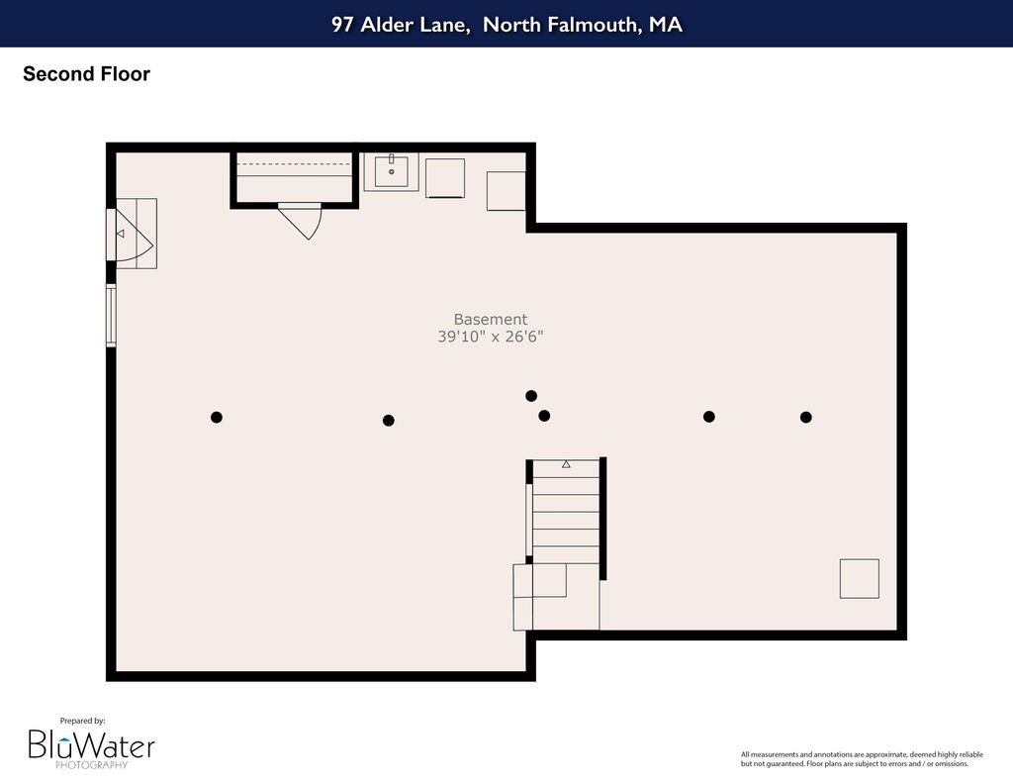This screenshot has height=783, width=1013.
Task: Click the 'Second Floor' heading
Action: (87, 73)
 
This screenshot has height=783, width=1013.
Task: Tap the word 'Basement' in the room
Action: (491, 319)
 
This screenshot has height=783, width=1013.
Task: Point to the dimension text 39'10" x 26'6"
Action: (491, 337)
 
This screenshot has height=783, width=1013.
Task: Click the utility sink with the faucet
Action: (391, 172)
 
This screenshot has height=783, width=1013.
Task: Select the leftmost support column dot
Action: (217, 417)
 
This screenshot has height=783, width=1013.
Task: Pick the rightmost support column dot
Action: (805, 417)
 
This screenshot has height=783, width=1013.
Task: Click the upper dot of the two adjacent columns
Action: (531, 396)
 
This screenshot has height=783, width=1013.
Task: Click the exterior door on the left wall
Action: (130, 235)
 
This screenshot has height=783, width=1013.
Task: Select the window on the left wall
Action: (111, 316)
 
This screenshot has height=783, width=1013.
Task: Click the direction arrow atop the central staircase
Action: (566, 464)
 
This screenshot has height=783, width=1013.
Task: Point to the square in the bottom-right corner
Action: (860, 579)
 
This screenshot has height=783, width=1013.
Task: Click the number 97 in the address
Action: (341, 24)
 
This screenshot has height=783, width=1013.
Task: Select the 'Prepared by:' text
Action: (83, 721)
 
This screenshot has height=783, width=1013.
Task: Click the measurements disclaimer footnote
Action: (862, 758)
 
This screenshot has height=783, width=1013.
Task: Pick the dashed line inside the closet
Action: (295, 164)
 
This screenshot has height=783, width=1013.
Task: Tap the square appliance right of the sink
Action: (445, 178)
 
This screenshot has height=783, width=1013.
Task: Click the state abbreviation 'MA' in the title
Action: (666, 24)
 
